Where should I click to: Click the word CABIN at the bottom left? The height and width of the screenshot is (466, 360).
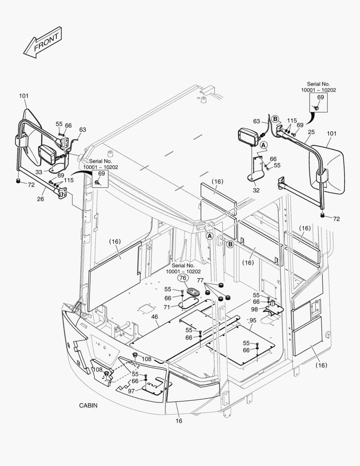click(88, 406)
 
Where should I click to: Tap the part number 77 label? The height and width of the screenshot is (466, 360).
click(200, 280)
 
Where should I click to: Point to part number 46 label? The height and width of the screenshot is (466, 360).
click(154, 317)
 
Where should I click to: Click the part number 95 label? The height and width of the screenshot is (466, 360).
click(253, 320)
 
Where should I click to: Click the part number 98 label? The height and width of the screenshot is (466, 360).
click(255, 310)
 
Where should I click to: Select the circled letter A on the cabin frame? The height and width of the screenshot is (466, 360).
click(210, 236)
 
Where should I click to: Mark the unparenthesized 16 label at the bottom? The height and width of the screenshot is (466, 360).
click(179, 421)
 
